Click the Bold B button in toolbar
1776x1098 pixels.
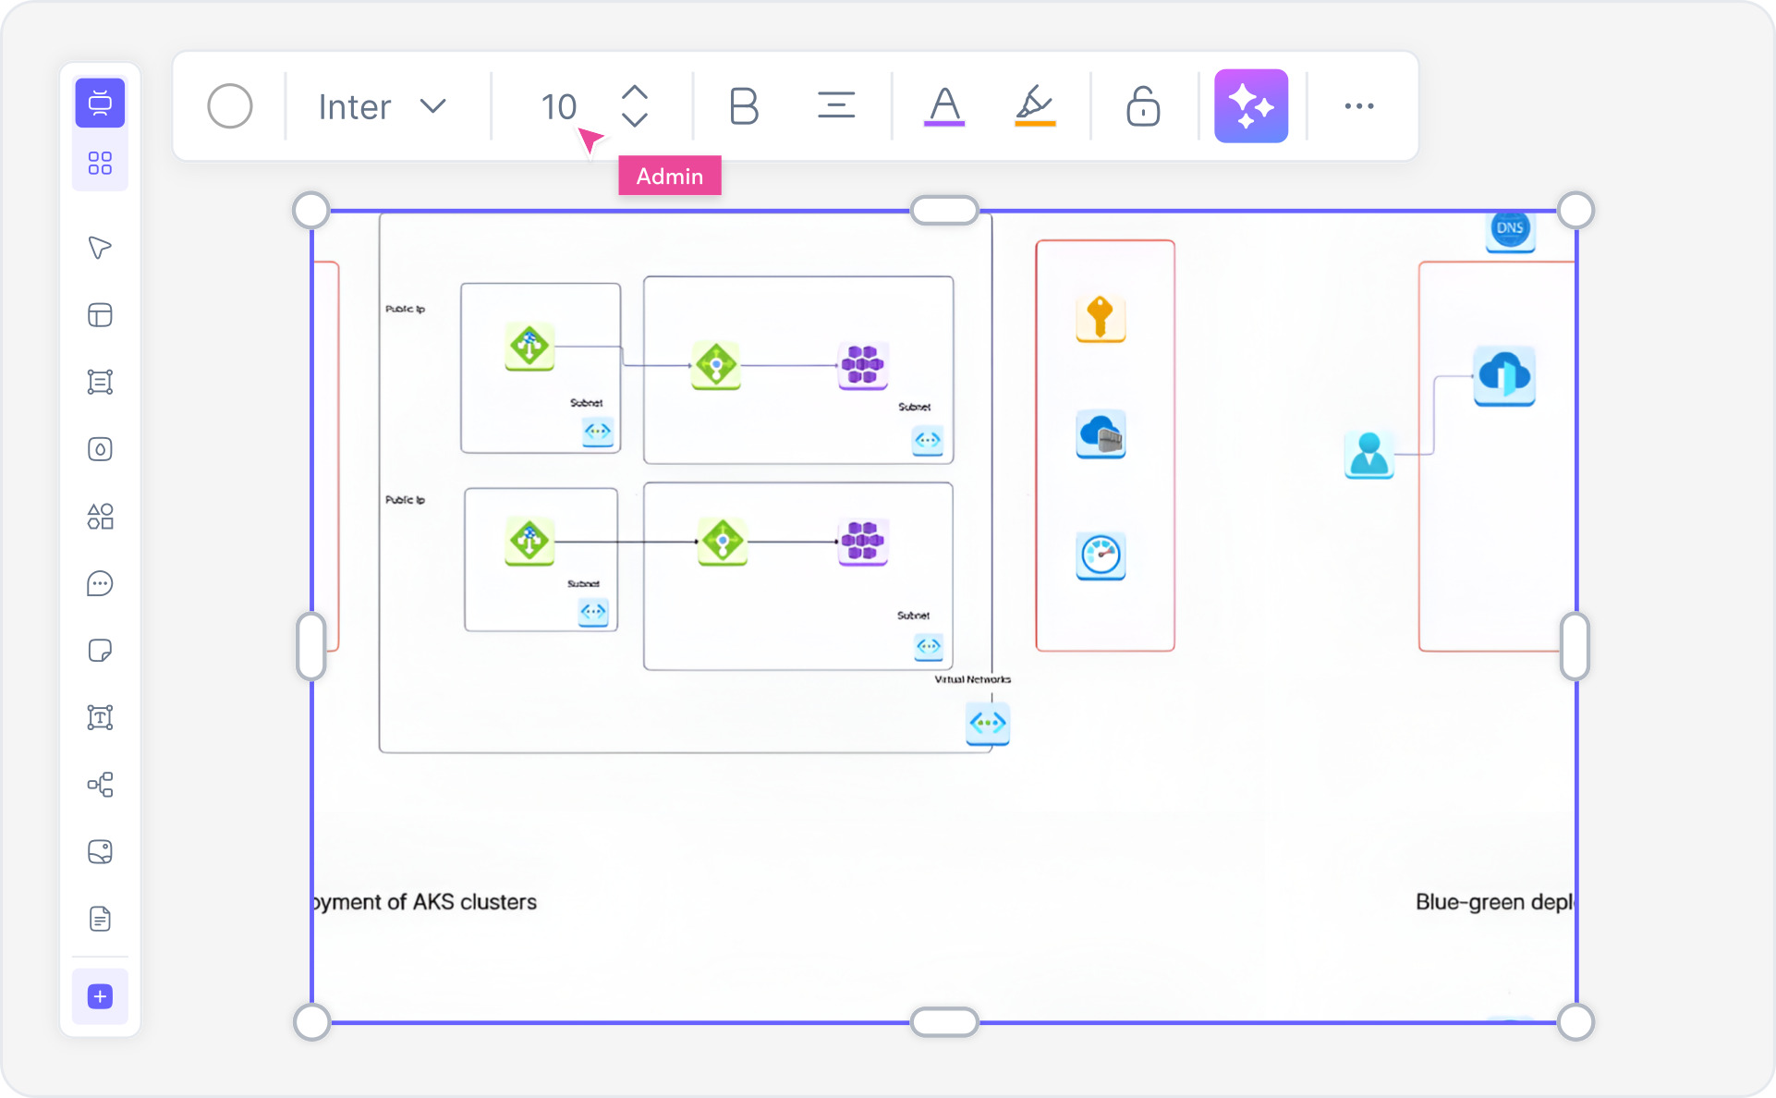pos(743,106)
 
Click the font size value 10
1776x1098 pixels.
pos(558,106)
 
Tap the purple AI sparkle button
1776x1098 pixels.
pos(1250,106)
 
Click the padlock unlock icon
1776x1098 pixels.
pos(1143,106)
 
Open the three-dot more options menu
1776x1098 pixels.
pos(1358,106)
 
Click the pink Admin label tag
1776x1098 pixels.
pos(669,176)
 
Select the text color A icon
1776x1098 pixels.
pos(943,106)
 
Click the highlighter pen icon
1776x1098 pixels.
pos(1034,106)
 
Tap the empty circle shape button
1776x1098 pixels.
pos(230,106)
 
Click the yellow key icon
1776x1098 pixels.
pos(1100,318)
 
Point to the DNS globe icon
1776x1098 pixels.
pos(1510,228)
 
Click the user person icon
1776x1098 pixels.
pos(1368,454)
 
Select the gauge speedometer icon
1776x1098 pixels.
pos(1100,555)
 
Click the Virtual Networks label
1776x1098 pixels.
pos(972,679)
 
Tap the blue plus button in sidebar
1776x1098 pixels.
pos(100,996)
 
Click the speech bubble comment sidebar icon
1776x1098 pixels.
pos(100,583)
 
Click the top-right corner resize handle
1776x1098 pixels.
pos(1575,211)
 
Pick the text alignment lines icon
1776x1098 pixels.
pos(835,106)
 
